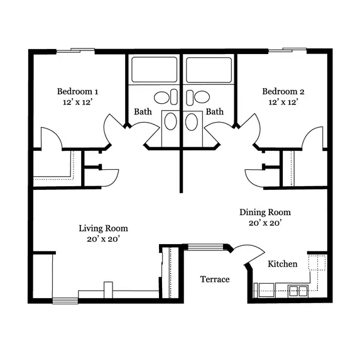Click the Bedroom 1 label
pyautogui.click(x=77, y=91)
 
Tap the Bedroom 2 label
pyautogui.click(x=283, y=91)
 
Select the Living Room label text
pyautogui.click(x=103, y=228)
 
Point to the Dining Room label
pyautogui.click(x=265, y=213)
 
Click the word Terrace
pyautogui.click(x=215, y=279)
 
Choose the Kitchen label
pyautogui.click(x=283, y=264)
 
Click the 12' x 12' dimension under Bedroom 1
pyautogui.click(x=77, y=102)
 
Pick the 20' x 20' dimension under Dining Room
pyautogui.click(x=265, y=223)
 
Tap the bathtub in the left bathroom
pyautogui.click(x=155, y=70)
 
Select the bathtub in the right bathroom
pyautogui.click(x=209, y=70)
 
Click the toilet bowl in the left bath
pyautogui.click(x=161, y=97)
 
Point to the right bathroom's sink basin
pyautogui.click(x=192, y=122)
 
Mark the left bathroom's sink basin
pyautogui.click(x=171, y=121)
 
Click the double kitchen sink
pyautogui.click(x=298, y=291)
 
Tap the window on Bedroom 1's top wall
pyautogui.click(x=75, y=51)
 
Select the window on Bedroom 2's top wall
pyautogui.click(x=287, y=50)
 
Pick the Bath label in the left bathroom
pyautogui.click(x=143, y=112)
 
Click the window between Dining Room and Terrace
pyautogui.click(x=205, y=247)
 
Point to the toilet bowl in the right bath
pyautogui.click(x=202, y=97)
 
